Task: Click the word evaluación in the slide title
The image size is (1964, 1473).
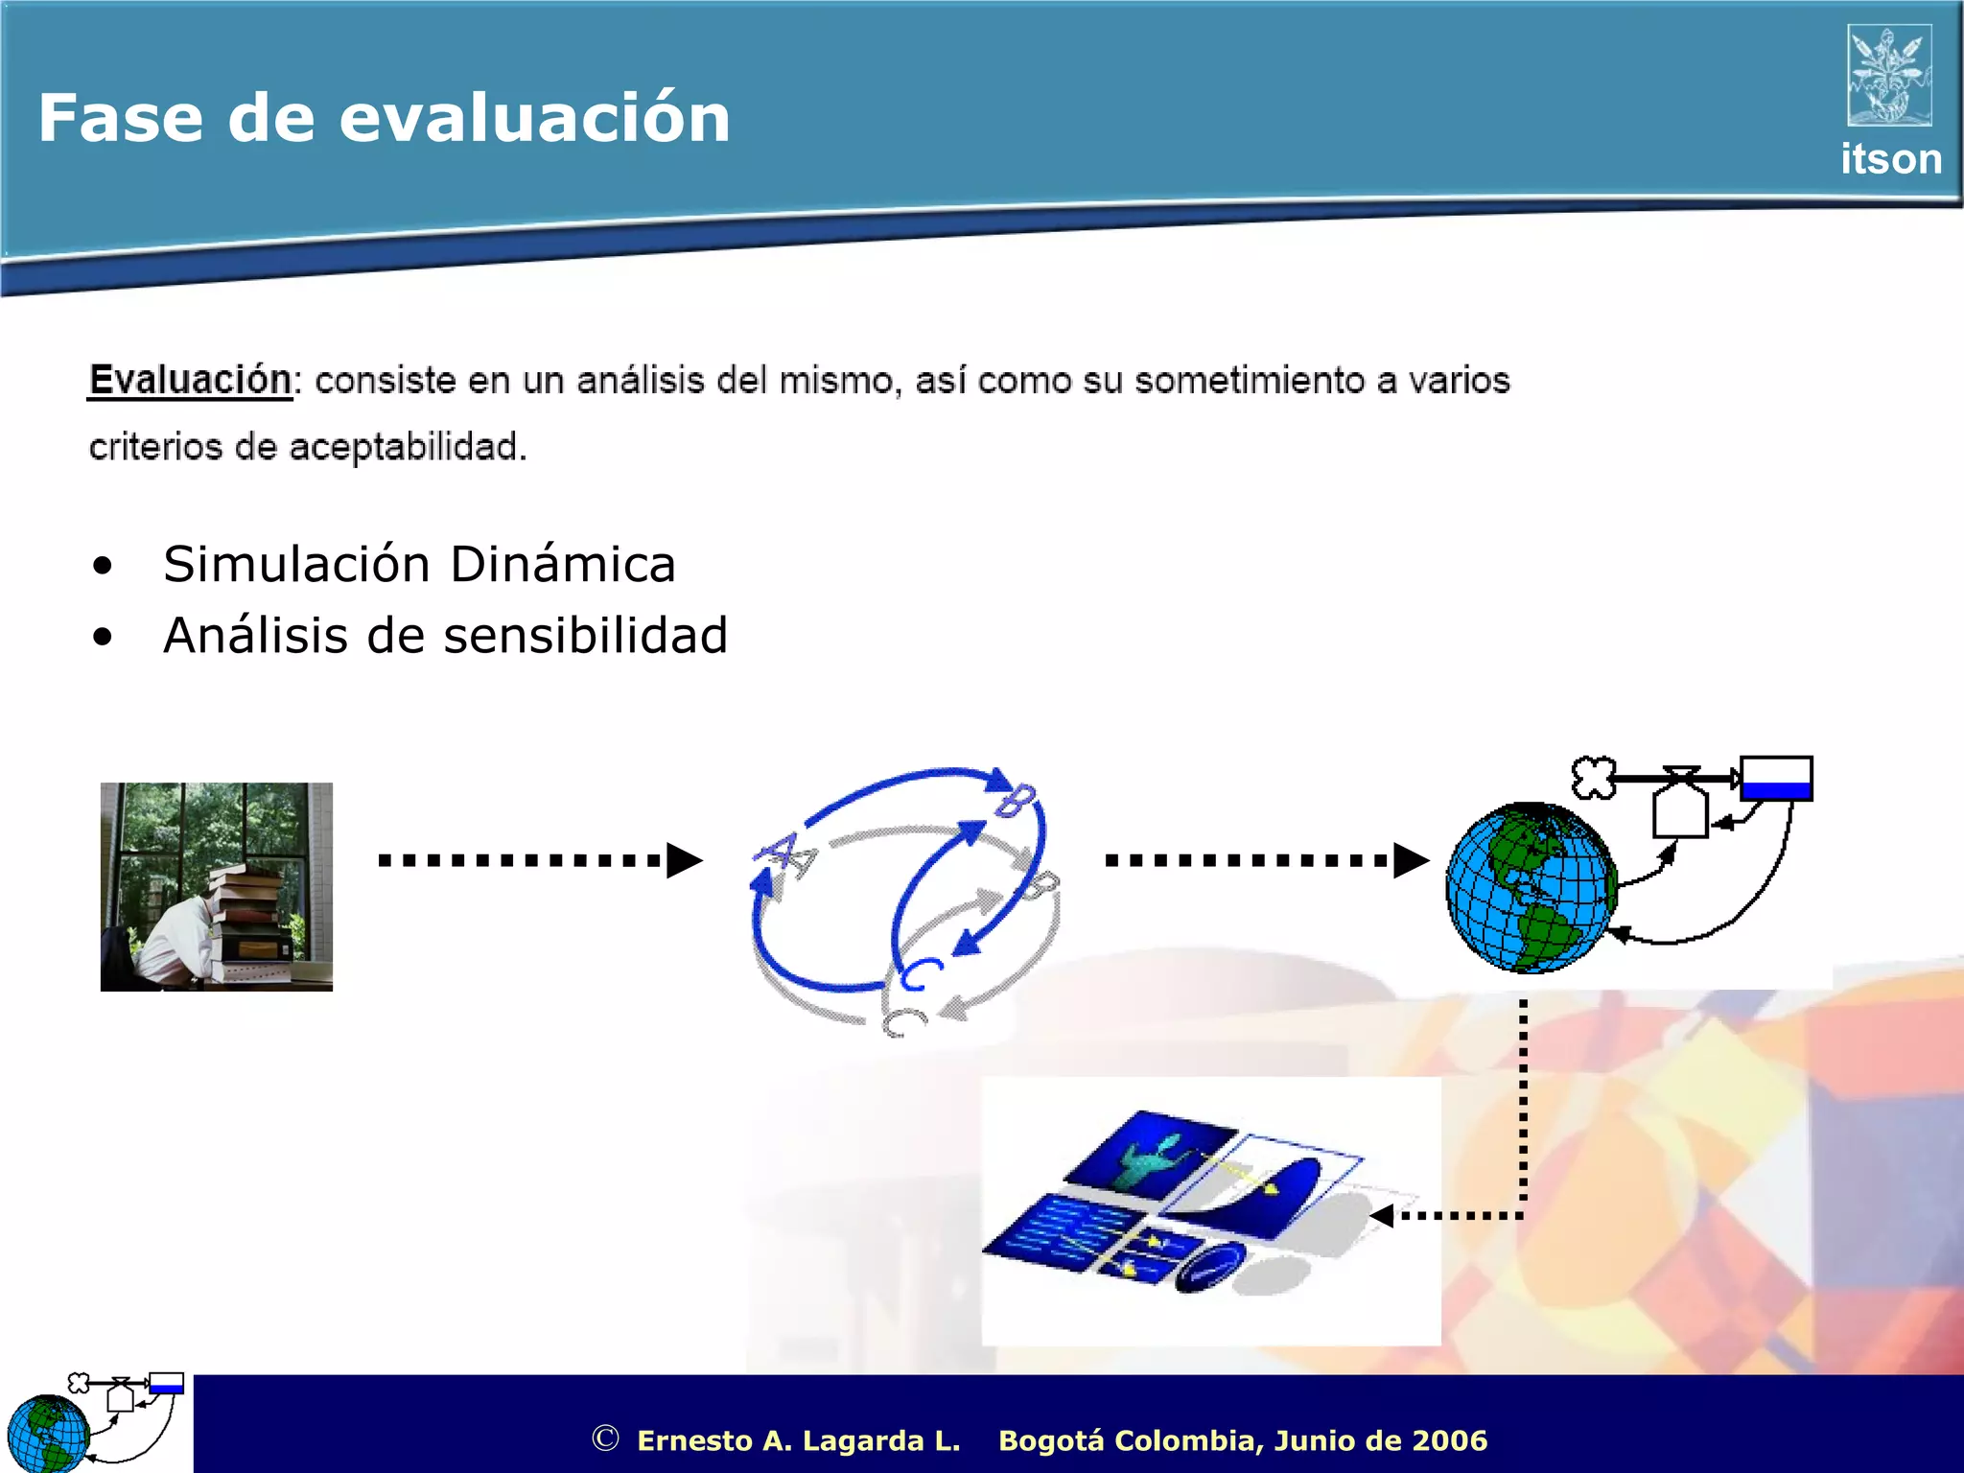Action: pos(534,118)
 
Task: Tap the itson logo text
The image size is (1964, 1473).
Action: pos(1890,159)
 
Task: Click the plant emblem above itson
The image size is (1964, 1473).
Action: pos(1888,76)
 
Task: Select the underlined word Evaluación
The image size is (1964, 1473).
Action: pos(190,380)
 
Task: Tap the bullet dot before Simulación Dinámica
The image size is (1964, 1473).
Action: pos(103,566)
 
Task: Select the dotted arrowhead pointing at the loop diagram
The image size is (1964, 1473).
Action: pos(683,860)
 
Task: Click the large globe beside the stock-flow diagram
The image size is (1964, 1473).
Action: pos(1530,887)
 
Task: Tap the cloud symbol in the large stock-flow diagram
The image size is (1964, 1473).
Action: pos(1593,778)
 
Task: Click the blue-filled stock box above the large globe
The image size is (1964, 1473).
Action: pos(1775,779)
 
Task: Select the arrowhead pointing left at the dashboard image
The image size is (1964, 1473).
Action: pos(1382,1216)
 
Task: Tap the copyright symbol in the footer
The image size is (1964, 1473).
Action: pos(605,1438)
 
